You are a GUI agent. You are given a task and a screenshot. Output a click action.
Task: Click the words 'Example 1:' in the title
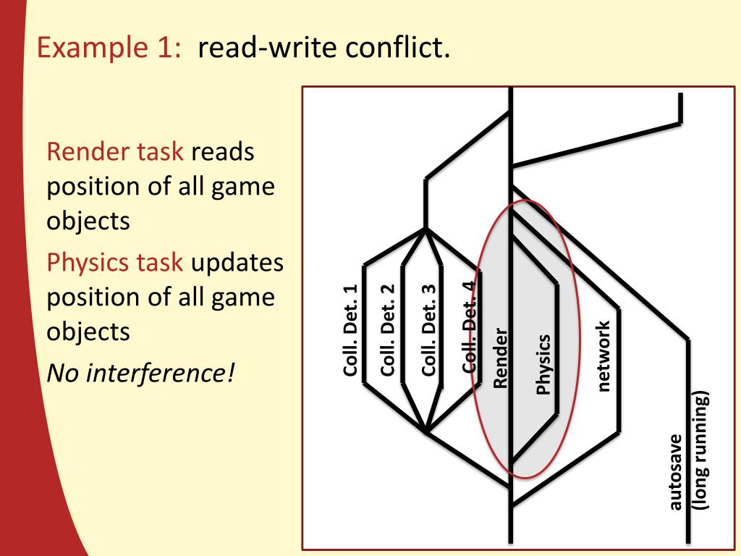point(108,49)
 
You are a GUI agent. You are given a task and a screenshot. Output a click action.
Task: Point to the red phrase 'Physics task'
point(115,262)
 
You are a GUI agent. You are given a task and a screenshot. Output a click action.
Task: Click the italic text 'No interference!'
point(141,374)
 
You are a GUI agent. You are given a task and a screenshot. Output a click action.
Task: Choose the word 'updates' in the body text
point(237,262)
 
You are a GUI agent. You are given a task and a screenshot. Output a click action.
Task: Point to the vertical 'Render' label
point(501,358)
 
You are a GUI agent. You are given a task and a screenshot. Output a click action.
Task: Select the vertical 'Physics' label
point(543,364)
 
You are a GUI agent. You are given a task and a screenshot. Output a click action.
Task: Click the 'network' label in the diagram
point(604,356)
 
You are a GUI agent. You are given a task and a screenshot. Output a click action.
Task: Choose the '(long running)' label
point(700,450)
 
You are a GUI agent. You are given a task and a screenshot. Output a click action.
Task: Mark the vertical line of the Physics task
point(558,347)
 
